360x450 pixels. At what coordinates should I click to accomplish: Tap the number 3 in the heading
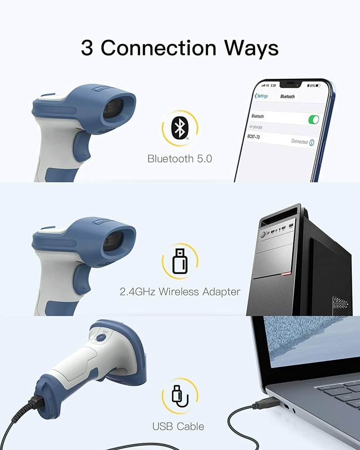[87, 48]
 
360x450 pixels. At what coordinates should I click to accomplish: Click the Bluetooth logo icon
[180, 129]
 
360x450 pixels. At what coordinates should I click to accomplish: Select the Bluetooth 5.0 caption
[180, 158]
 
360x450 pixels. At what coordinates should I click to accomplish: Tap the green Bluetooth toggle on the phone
[313, 119]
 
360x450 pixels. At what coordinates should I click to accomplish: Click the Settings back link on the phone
[261, 96]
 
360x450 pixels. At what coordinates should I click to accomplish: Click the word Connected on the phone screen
[299, 141]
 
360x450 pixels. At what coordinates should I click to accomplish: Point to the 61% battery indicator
[314, 85]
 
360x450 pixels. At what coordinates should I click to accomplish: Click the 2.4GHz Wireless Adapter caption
[180, 292]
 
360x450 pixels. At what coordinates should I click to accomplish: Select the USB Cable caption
[178, 426]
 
